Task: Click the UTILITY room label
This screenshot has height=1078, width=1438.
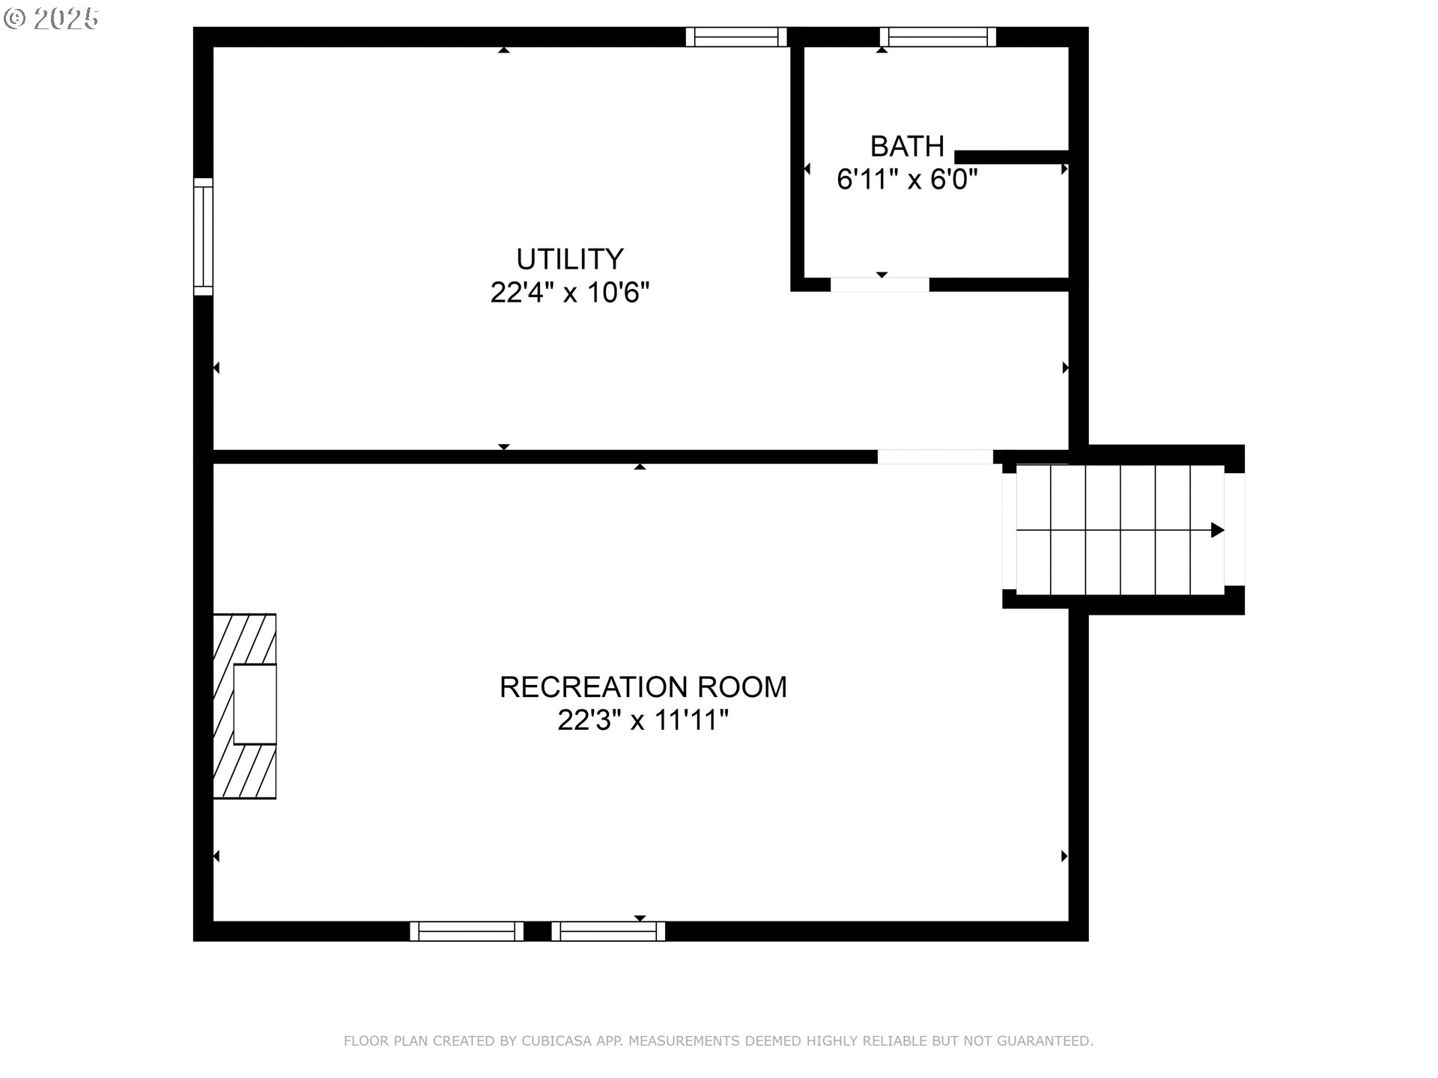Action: click(x=569, y=259)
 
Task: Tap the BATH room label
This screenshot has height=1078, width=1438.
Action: click(x=907, y=146)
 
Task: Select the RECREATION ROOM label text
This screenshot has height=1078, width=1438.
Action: click(x=643, y=686)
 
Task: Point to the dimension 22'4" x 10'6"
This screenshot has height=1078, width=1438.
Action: click(x=569, y=292)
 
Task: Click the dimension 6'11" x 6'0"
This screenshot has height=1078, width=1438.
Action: click(x=907, y=179)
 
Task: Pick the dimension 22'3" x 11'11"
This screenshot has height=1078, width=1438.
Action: click(x=643, y=720)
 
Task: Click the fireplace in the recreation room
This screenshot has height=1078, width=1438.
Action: click(x=245, y=706)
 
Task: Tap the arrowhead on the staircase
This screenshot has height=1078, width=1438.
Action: click(x=1218, y=530)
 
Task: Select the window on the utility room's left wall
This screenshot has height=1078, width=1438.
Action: click(x=203, y=237)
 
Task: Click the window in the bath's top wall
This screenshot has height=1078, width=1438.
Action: click(x=938, y=37)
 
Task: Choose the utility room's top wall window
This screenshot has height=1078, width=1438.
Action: click(x=736, y=37)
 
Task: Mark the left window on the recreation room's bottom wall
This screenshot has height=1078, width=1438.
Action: click(x=467, y=931)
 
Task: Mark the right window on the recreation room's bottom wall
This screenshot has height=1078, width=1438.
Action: click(x=608, y=931)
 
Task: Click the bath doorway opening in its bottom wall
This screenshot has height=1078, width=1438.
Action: click(x=880, y=284)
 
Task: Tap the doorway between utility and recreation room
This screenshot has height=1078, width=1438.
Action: click(x=935, y=457)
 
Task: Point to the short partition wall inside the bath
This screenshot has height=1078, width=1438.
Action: click(x=1011, y=156)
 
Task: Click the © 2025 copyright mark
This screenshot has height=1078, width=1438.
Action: click(x=51, y=19)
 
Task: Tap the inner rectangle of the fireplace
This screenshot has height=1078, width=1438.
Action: click(x=255, y=704)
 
